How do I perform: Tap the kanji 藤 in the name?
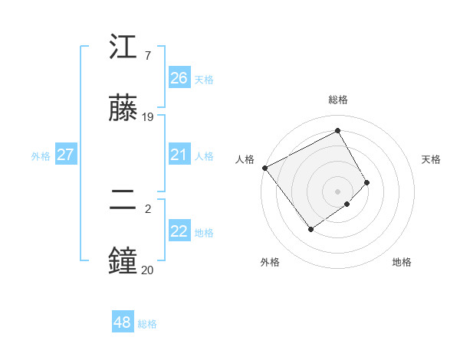[123, 108]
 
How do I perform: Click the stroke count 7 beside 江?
[147, 56]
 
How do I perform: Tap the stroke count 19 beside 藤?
[148, 117]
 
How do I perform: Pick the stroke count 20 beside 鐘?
[148, 270]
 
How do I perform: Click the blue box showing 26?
[179, 78]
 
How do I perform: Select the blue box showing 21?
[179, 155]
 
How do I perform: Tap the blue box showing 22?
[179, 231]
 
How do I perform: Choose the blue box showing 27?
[65, 155]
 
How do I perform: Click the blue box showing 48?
[122, 322]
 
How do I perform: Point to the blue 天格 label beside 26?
[204, 79]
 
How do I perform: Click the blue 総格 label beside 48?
[147, 324]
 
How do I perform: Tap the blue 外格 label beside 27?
[41, 156]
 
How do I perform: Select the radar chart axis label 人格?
[245, 159]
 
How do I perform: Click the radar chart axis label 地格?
[402, 262]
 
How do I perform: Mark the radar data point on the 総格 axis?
[337, 130]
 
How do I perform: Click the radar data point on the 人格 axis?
[264, 168]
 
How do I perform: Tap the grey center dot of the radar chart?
[337, 191]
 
